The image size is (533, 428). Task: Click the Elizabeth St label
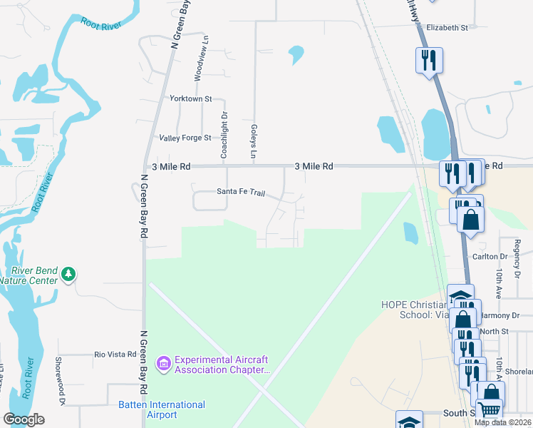(x=447, y=28)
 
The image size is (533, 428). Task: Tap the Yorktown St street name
(x=190, y=98)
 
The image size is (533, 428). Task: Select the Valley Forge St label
(x=185, y=138)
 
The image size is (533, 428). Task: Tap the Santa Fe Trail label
(x=240, y=192)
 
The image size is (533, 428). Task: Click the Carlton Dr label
(x=490, y=256)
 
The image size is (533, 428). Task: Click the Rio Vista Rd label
(x=115, y=354)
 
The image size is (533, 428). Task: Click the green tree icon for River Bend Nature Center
(x=68, y=273)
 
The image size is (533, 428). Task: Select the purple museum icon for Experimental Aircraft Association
(x=164, y=364)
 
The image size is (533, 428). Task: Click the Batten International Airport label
(x=161, y=409)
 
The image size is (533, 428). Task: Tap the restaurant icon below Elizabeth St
(x=428, y=59)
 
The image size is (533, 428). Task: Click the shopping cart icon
(x=488, y=409)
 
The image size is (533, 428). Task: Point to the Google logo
(x=24, y=419)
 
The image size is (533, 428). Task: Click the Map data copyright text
(x=503, y=422)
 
